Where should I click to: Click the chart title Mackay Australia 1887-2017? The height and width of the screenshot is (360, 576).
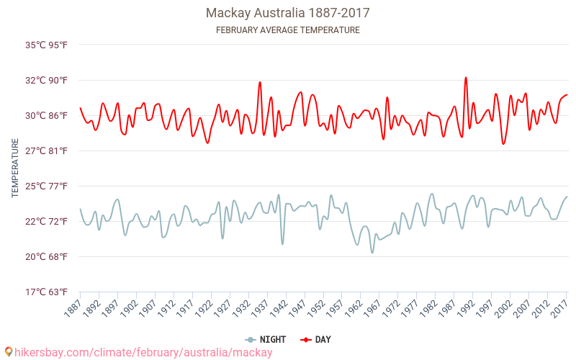point(288,13)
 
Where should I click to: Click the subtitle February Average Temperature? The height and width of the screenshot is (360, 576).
point(288,30)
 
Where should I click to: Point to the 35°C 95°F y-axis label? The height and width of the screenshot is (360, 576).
point(47,45)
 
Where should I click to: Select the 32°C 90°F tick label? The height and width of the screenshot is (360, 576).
point(47,80)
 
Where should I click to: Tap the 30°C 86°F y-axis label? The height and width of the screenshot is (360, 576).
point(47,115)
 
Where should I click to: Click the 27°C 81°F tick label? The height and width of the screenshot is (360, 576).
point(47,150)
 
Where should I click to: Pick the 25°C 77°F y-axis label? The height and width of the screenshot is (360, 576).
point(47,186)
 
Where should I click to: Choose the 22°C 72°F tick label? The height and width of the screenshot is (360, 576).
point(47,221)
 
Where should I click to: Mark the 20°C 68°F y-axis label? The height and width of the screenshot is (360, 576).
point(47,256)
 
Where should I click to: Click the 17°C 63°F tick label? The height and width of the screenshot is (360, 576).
point(47,292)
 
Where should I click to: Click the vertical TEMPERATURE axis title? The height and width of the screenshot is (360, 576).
point(15,168)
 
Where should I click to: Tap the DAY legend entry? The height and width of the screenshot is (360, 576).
point(315,339)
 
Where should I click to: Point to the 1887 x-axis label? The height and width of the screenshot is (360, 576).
point(72,307)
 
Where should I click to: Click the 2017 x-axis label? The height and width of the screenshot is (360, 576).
point(559,307)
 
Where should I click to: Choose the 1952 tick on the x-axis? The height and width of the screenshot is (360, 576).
point(315,307)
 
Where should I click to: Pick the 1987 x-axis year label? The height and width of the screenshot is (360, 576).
point(446,307)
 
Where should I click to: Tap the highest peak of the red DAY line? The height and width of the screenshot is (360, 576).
point(466,78)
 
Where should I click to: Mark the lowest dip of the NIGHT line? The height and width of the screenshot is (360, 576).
point(372,252)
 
